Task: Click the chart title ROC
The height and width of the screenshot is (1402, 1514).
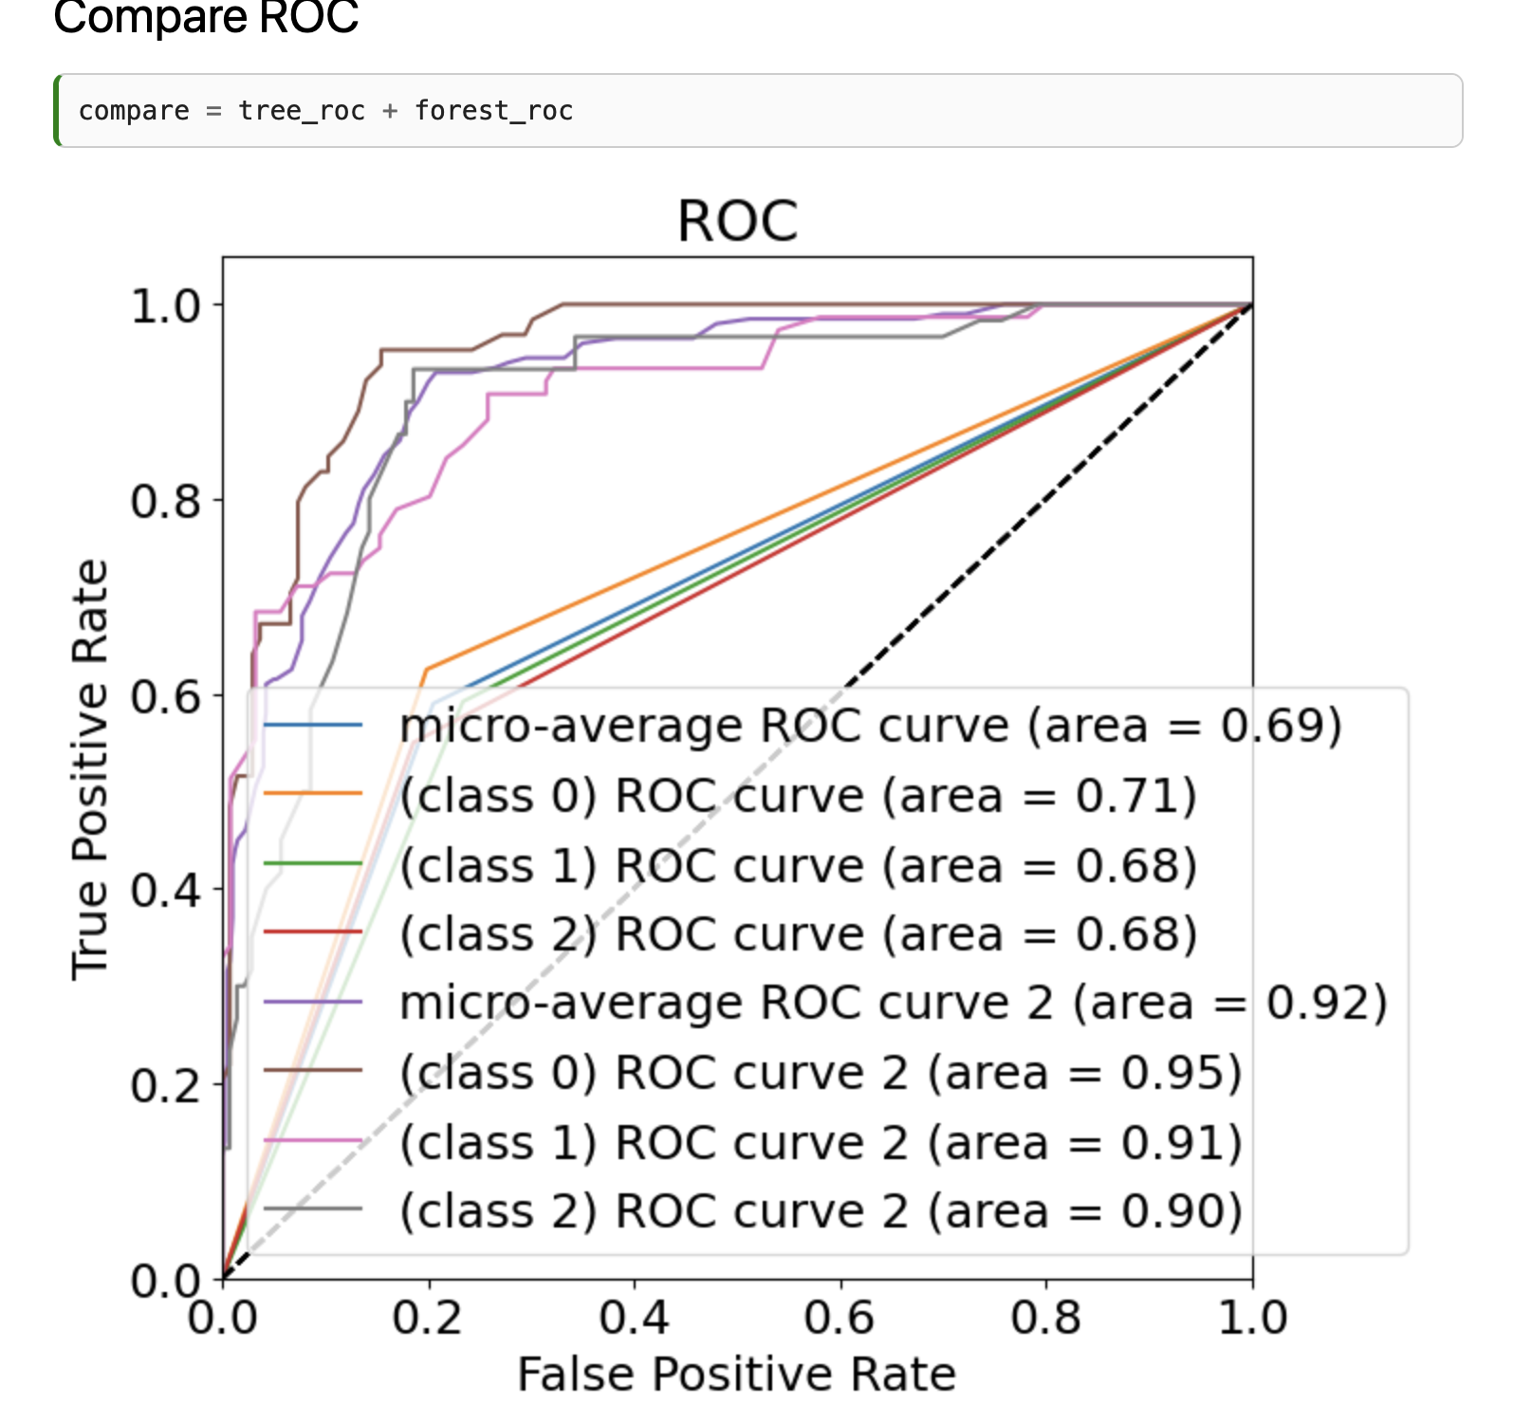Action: tap(737, 222)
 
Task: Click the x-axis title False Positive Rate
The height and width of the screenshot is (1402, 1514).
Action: tap(737, 1374)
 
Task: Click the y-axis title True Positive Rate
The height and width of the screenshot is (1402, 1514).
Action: tap(90, 768)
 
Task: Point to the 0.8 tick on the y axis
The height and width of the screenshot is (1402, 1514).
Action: tap(167, 501)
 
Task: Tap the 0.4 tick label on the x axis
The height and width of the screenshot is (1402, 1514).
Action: tap(634, 1318)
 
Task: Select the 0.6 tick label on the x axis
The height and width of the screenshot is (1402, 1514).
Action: tap(840, 1318)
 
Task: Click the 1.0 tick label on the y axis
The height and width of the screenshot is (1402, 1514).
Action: tap(167, 305)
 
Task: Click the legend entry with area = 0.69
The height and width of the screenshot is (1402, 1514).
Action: tap(870, 727)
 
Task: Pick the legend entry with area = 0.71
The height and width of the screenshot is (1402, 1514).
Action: tap(797, 796)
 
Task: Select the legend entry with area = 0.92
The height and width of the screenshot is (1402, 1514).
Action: tap(893, 1004)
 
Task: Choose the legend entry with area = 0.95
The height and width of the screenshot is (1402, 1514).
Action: tap(821, 1073)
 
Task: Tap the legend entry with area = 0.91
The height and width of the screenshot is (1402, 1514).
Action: tap(821, 1142)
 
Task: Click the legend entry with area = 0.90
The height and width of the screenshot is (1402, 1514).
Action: tap(821, 1211)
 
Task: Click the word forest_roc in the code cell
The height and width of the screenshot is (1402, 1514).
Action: tap(493, 111)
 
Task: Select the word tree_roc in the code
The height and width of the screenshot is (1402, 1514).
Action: tap(302, 111)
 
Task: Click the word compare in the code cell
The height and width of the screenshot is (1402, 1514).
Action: tap(134, 111)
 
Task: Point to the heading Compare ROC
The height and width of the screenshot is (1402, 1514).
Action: tap(206, 17)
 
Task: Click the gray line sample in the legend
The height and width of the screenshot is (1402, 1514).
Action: tap(313, 1209)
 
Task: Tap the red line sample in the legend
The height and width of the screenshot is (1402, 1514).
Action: tap(313, 932)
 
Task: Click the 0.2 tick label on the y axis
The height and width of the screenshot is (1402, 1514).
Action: tap(167, 1085)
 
